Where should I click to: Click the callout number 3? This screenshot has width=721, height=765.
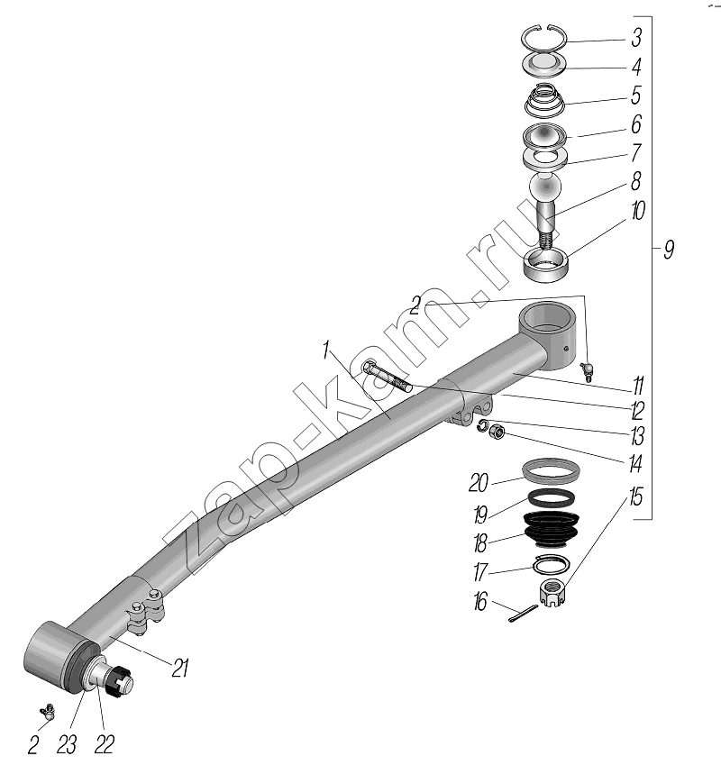pyautogui.click(x=636, y=38)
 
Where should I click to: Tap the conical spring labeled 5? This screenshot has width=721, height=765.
pyautogui.click(x=544, y=101)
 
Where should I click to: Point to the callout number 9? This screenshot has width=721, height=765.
pyautogui.click(x=669, y=250)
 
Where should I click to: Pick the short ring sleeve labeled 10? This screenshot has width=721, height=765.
pyautogui.click(x=546, y=265)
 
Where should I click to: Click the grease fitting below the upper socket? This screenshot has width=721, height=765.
pyautogui.click(x=587, y=371)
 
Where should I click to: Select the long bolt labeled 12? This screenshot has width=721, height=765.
pyautogui.click(x=388, y=376)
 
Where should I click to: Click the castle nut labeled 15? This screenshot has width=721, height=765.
pyautogui.click(x=553, y=592)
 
